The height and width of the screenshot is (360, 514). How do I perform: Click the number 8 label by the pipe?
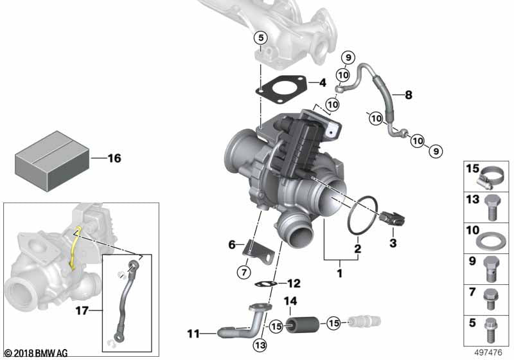click(x=408, y=94)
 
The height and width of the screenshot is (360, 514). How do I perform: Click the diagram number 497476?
click(x=489, y=352)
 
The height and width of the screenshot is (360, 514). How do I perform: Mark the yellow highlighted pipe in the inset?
click(x=76, y=248)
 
